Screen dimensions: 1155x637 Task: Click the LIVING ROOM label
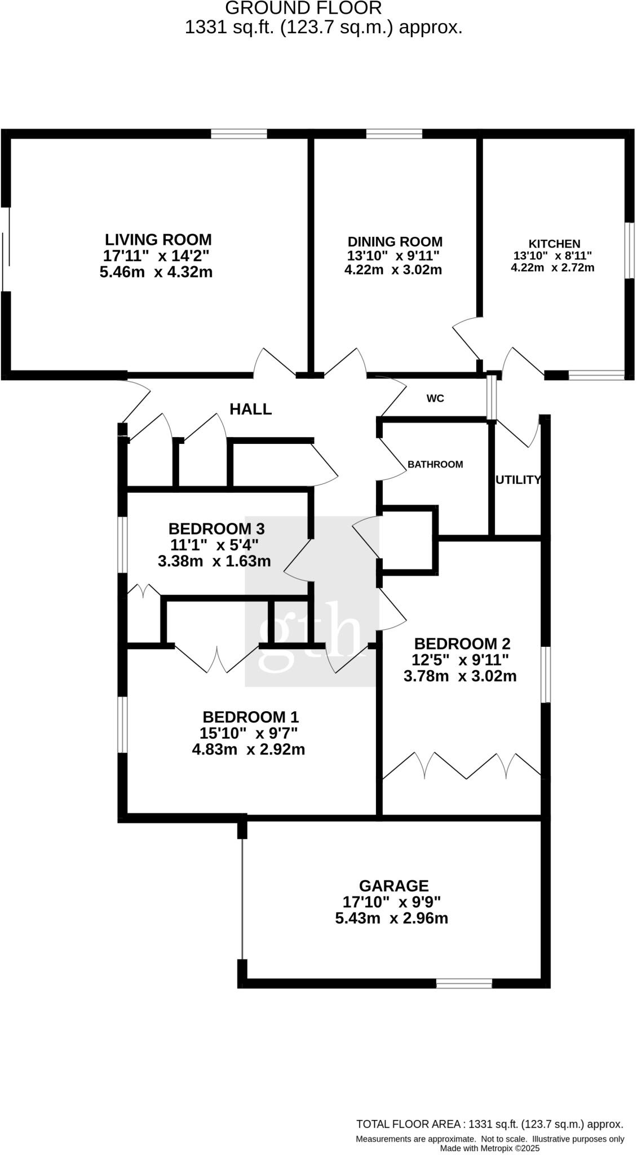click(x=158, y=240)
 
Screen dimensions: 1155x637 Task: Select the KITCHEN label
click(x=554, y=244)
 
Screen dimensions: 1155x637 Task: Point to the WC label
click(x=435, y=399)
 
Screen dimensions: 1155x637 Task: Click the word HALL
click(x=250, y=409)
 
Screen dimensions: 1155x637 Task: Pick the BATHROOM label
click(x=435, y=465)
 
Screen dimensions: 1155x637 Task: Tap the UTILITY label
click(x=517, y=480)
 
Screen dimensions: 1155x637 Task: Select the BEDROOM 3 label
click(x=216, y=529)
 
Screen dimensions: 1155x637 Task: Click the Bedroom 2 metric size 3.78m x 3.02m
click(x=460, y=676)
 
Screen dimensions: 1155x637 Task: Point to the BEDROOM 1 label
click(x=250, y=717)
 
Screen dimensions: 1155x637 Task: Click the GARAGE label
click(x=394, y=886)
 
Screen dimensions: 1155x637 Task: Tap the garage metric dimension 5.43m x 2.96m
click(x=392, y=919)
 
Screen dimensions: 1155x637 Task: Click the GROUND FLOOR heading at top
click(x=303, y=8)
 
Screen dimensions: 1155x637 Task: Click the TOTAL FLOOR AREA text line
click(x=489, y=1124)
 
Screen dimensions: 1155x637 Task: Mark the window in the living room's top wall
click(x=239, y=134)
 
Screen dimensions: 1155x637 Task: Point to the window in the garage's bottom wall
click(x=464, y=984)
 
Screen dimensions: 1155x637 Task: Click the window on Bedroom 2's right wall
click(x=545, y=675)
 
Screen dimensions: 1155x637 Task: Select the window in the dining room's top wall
click(x=394, y=134)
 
